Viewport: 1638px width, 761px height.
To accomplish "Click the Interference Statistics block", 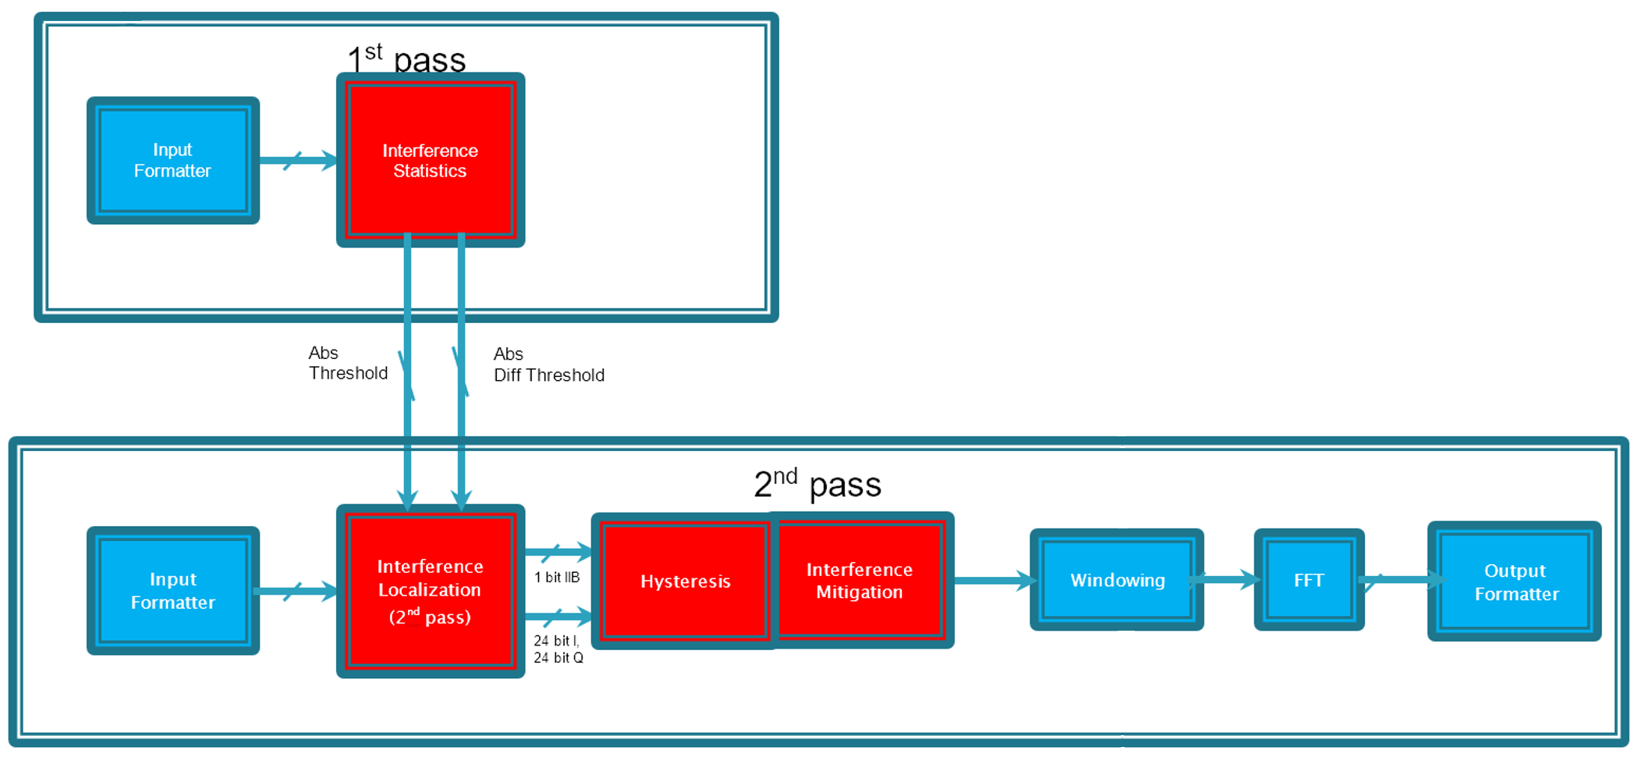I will point(430,160).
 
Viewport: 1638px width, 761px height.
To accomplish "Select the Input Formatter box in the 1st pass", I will point(172,160).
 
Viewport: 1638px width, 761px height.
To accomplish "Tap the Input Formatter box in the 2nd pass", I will point(172,590).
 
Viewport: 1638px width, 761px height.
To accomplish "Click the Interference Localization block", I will point(430,591).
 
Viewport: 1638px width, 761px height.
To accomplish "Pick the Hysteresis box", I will point(685,581).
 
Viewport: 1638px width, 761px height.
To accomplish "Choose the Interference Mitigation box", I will point(860,580).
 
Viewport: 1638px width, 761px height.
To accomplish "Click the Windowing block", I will point(1116,580).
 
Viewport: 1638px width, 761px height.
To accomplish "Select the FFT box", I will point(1308,580).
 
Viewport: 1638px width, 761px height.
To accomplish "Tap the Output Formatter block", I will point(1514,581).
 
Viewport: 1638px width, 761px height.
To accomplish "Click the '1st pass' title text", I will point(406,59).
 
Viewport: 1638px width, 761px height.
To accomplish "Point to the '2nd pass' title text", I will point(817,484).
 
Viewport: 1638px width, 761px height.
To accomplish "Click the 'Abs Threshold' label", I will point(347,363).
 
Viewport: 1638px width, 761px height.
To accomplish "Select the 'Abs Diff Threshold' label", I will point(548,364).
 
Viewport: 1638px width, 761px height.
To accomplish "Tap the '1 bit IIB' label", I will point(556,578).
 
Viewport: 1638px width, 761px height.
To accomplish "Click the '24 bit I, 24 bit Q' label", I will point(558,649).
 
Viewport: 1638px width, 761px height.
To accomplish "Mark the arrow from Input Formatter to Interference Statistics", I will point(297,161).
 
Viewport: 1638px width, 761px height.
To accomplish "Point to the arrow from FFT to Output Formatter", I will point(1399,579).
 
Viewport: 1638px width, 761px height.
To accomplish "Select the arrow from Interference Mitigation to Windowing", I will point(992,580).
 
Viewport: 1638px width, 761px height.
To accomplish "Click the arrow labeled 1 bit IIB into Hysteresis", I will point(557,552).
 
